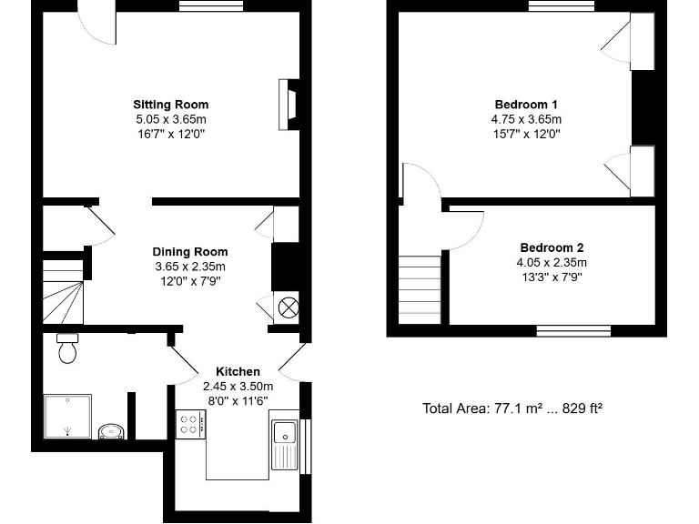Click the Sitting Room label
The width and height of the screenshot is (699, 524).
170,104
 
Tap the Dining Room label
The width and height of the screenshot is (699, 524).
189,252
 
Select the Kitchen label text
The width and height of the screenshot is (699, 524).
238,371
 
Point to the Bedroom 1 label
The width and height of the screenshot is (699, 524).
526,104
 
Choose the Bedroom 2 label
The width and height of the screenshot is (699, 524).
552,247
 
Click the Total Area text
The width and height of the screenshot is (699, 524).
512,408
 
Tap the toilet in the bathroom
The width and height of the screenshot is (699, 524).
67,348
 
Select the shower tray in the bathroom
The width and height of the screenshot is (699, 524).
67,417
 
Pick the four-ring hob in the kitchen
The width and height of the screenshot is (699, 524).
191,424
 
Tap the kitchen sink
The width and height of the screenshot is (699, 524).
285,442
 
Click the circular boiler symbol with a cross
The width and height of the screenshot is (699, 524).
288,307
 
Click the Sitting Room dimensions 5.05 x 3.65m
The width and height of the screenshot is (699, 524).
170,119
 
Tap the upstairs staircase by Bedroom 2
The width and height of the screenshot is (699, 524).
420,288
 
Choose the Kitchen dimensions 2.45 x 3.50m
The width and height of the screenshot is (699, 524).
238,386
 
